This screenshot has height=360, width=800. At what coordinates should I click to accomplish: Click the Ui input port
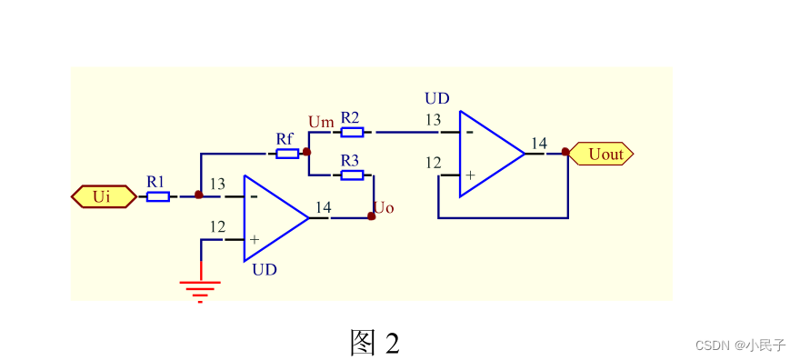coord(103,196)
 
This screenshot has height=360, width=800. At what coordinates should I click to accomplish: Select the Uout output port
coord(603,155)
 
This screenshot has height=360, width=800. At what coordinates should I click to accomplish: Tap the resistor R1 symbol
coord(158,196)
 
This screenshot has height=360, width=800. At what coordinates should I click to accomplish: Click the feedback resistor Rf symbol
coord(287,154)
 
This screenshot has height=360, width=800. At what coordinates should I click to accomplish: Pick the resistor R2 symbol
coord(352,132)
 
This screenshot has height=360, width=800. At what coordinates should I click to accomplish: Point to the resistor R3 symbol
coord(352,175)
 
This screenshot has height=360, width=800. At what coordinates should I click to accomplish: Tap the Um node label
coord(321,121)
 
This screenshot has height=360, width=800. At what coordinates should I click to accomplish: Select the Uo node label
coord(384,208)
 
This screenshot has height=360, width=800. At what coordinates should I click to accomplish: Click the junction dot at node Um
coord(307,152)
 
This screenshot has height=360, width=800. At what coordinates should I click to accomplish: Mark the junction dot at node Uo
coord(371,216)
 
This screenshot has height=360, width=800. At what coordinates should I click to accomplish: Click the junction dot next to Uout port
coord(566,152)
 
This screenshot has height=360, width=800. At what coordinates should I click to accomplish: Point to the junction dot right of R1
coord(199,195)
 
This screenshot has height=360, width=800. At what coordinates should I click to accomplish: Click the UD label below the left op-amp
coord(265,270)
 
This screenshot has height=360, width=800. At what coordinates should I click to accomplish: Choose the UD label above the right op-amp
coord(437,98)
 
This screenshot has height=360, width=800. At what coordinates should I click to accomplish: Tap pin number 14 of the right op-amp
coord(539,143)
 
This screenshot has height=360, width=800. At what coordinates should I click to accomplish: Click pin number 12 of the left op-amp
coord(217,226)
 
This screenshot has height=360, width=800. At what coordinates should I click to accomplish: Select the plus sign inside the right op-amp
coord(470,175)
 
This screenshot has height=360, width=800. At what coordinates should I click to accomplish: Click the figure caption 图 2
coord(375,343)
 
